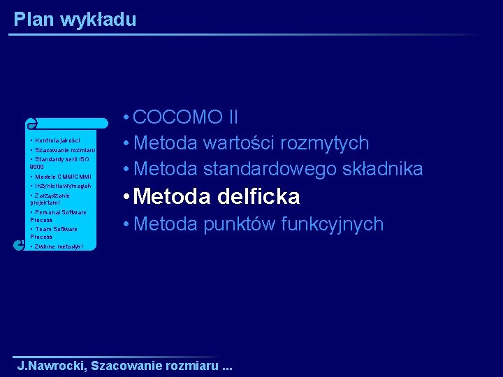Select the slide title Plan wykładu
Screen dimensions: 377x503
pos(75,20)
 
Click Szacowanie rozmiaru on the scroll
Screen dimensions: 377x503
pos(64,150)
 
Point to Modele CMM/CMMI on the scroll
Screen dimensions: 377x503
pos(62,177)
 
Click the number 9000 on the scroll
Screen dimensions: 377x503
pos(37,168)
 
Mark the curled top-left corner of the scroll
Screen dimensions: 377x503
pos(31,124)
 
